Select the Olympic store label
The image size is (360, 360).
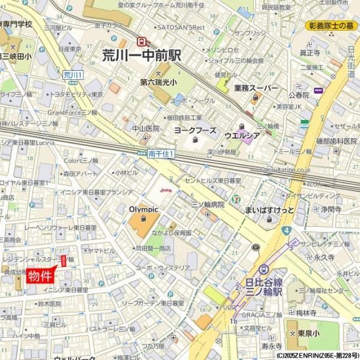(x=143, y=209)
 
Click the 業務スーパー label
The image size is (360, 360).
(x=256, y=88)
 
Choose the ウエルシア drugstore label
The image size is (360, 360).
(x=242, y=136)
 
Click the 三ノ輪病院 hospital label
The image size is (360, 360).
(x=208, y=205)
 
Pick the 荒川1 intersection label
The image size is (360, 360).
(x=73, y=74)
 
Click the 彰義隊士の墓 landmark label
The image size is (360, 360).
(x=332, y=26)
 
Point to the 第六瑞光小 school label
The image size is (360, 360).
(x=158, y=82)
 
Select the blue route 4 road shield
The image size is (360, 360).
(x=287, y=230)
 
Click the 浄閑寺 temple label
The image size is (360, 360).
(x=331, y=210)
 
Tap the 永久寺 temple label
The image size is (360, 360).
(x=323, y=257)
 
